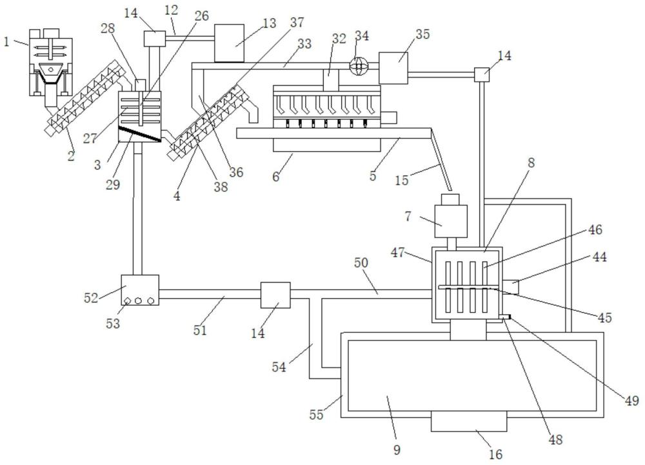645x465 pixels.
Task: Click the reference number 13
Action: [270, 23]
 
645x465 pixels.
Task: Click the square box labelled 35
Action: [393, 68]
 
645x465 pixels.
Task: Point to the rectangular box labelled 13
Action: [229, 43]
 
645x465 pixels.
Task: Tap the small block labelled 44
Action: [510, 286]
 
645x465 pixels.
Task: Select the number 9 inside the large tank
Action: [397, 450]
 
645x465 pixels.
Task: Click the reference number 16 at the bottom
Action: [495, 454]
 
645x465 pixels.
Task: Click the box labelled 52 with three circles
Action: [140, 290]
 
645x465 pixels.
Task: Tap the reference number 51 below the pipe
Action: [200, 330]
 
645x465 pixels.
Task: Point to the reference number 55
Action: [317, 415]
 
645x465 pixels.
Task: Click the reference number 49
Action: [631, 400]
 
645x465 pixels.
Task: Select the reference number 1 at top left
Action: [6, 41]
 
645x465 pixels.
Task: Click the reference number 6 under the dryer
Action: [276, 176]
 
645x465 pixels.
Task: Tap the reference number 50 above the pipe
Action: [361, 262]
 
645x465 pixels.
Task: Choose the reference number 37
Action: [296, 23]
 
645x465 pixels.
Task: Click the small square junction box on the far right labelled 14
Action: [482, 75]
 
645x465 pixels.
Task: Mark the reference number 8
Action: [531, 163]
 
